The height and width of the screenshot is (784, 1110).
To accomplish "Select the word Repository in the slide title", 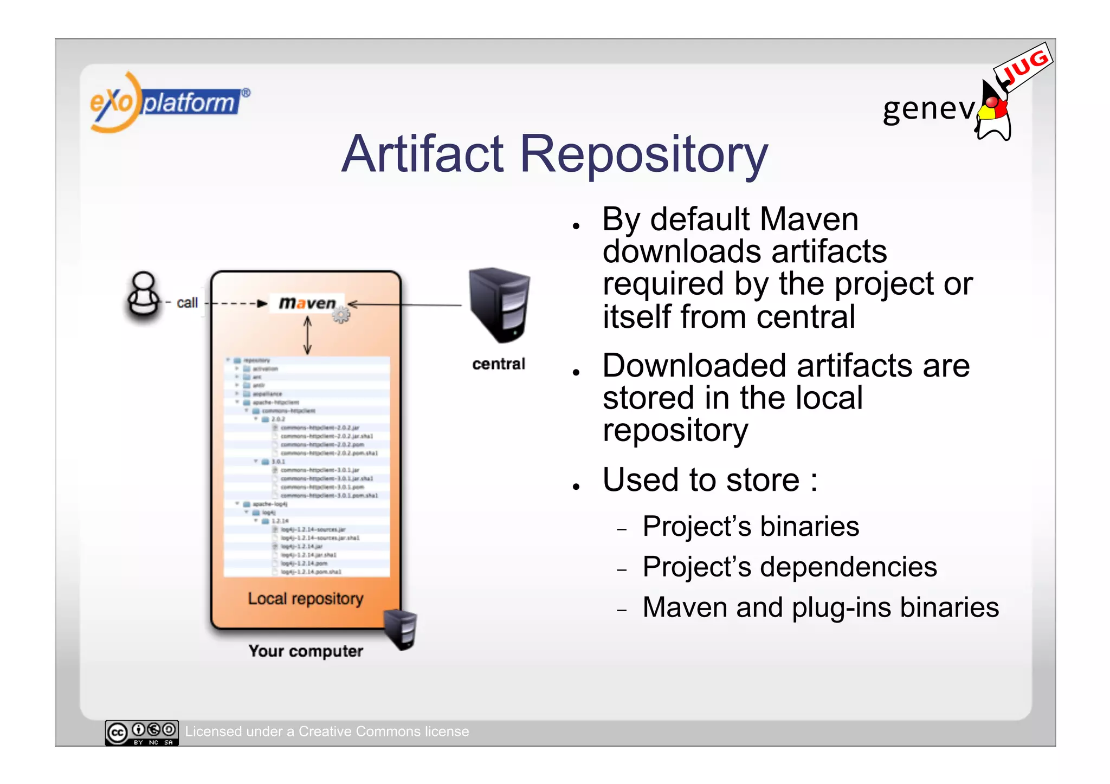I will (x=643, y=156).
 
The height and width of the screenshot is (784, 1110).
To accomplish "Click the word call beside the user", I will (x=187, y=303).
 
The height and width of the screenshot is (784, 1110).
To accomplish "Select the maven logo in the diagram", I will (x=307, y=303).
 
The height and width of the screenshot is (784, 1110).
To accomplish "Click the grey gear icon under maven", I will (x=341, y=315).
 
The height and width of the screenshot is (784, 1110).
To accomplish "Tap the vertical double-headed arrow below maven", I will (x=307, y=335).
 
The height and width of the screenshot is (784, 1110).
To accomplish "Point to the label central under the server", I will (x=499, y=364).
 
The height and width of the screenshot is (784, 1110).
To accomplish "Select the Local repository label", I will (x=306, y=599).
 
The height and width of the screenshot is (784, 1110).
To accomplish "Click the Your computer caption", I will (x=306, y=651).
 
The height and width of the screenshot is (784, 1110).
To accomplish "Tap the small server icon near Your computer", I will (x=401, y=629).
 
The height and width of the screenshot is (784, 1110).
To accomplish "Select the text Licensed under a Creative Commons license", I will (x=327, y=731).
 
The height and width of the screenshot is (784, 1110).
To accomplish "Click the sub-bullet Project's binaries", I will (x=751, y=527).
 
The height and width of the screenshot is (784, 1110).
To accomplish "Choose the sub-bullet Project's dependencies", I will (x=790, y=567).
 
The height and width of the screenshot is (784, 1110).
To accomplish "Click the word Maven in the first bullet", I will (x=809, y=219).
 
